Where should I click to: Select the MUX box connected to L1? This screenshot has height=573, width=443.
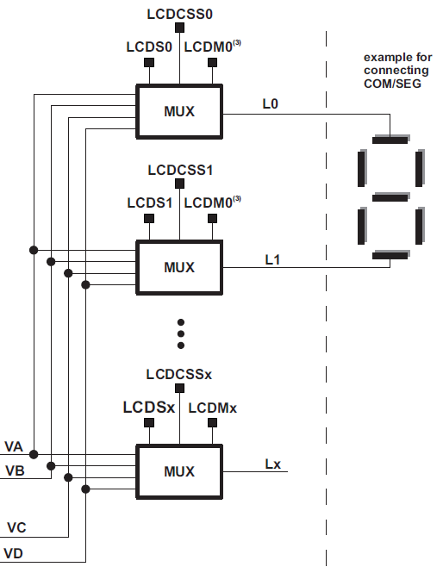[x=179, y=266]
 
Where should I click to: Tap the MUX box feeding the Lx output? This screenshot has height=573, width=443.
[x=179, y=471]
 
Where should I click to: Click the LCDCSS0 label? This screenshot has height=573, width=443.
[x=179, y=15]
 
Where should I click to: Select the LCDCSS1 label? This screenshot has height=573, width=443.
[x=179, y=170]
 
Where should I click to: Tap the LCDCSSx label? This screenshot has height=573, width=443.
[x=179, y=375]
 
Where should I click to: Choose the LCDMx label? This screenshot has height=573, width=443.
[x=212, y=408]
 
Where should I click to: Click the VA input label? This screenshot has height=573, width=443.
[x=14, y=446]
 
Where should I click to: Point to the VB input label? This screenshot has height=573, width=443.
[x=14, y=471]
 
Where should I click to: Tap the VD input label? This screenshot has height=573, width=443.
[x=14, y=552]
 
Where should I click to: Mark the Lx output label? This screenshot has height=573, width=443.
[x=272, y=464]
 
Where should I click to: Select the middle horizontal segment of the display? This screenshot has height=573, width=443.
[x=390, y=197]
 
